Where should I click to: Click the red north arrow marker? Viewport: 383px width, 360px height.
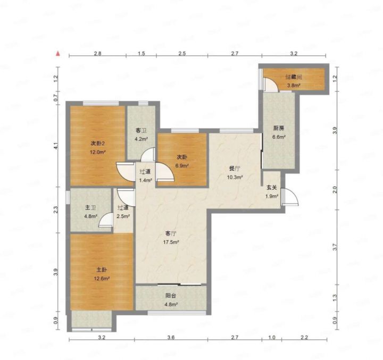point(58,54)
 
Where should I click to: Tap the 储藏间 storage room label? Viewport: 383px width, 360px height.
point(294,77)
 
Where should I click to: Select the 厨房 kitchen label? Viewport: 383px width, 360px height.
point(278,129)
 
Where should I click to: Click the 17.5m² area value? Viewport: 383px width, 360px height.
point(171,242)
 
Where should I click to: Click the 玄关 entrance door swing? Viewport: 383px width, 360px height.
point(290,197)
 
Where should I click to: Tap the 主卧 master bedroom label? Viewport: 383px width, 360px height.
point(102,270)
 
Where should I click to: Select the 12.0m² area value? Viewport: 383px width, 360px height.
point(98,152)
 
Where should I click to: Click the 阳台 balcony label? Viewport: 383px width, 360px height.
point(171,296)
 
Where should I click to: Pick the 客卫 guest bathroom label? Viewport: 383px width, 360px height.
point(141,131)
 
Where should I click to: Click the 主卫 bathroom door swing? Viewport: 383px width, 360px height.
point(106,220)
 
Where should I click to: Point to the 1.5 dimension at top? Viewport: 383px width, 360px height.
point(141,54)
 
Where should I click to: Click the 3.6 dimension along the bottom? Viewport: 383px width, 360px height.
point(171,338)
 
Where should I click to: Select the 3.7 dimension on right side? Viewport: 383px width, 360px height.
point(335,247)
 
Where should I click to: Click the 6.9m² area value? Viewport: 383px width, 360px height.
point(182,166)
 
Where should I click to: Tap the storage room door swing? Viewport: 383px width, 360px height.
point(271,85)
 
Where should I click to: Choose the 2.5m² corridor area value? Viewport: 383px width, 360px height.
point(123,216)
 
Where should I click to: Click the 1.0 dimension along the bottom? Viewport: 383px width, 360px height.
point(272,338)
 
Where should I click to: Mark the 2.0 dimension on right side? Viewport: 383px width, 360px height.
point(335,190)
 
